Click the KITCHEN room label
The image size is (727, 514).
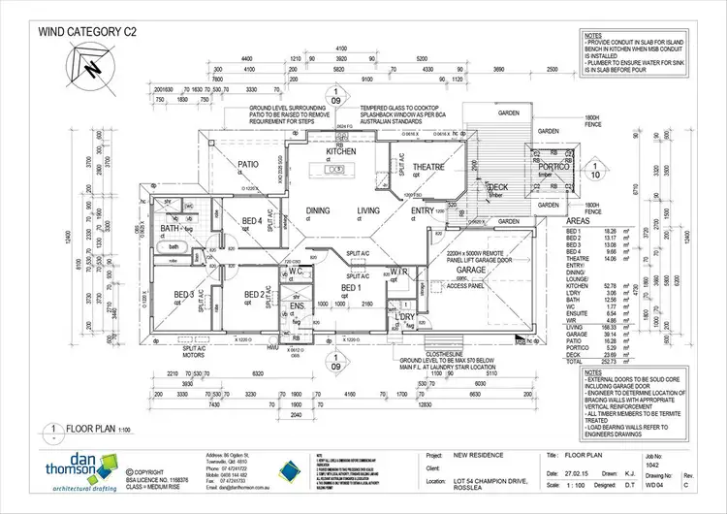(x=341, y=152)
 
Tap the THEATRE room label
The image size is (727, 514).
(x=427, y=167)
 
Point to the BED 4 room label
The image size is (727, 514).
(x=252, y=220)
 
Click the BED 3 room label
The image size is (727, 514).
(x=185, y=295)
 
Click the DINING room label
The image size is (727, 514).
(x=319, y=209)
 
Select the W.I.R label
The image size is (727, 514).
(x=398, y=271)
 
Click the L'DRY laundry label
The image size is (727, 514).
(x=405, y=317)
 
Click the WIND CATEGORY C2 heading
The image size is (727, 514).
(x=87, y=31)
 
